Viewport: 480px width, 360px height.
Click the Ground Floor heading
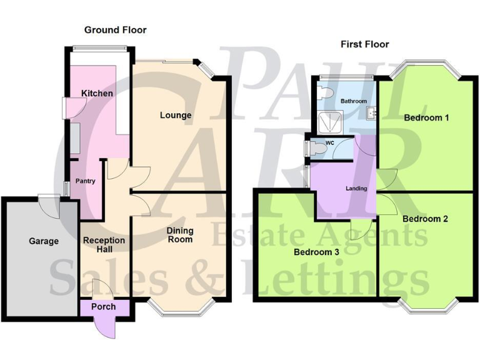pyautogui.click(x=115, y=29)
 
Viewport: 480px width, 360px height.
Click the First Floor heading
pyautogui.click(x=364, y=44)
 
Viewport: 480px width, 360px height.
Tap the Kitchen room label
pyautogui.click(x=97, y=94)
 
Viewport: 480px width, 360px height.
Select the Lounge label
pyautogui.click(x=176, y=115)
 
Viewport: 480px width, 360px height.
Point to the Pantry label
pyautogui.click(x=85, y=181)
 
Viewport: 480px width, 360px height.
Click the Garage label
pyautogui.click(x=44, y=241)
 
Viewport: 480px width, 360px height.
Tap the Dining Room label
pyautogui.click(x=179, y=234)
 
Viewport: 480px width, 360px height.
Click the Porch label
pyautogui.click(x=103, y=307)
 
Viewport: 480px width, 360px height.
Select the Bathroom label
pyautogui.click(x=354, y=101)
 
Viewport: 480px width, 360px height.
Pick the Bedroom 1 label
pyautogui.click(x=426, y=117)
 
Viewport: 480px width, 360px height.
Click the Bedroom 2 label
pyautogui.click(x=425, y=219)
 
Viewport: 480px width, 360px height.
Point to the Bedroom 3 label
pyautogui.click(x=317, y=252)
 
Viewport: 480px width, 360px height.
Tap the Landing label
pyautogui.click(x=356, y=188)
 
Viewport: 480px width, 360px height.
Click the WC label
pyautogui.click(x=330, y=143)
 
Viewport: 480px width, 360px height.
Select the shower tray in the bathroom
pyautogui.click(x=331, y=122)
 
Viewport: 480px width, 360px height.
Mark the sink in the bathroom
pyautogui.click(x=370, y=112)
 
